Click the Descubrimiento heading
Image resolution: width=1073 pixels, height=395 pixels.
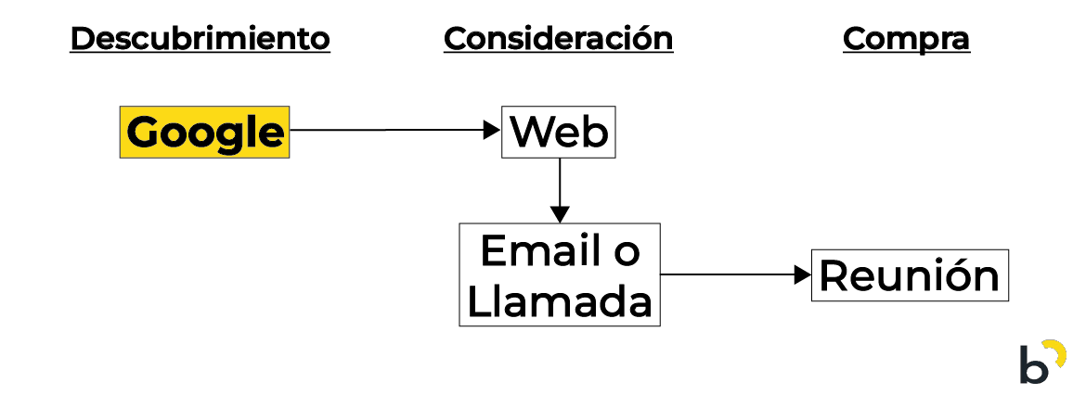(x=200, y=39)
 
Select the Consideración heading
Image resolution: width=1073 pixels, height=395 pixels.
(x=558, y=39)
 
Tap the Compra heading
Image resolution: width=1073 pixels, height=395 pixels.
(x=906, y=39)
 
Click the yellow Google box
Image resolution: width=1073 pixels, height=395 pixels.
(x=204, y=133)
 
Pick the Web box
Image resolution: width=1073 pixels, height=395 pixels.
(x=559, y=133)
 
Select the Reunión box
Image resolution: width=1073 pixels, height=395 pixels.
(x=910, y=275)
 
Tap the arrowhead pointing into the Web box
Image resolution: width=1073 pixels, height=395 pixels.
(x=493, y=131)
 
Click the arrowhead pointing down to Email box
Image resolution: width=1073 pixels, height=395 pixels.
(x=559, y=213)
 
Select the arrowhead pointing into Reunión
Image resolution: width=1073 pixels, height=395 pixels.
(x=804, y=275)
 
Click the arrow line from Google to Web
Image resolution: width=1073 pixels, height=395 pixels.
(x=390, y=131)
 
